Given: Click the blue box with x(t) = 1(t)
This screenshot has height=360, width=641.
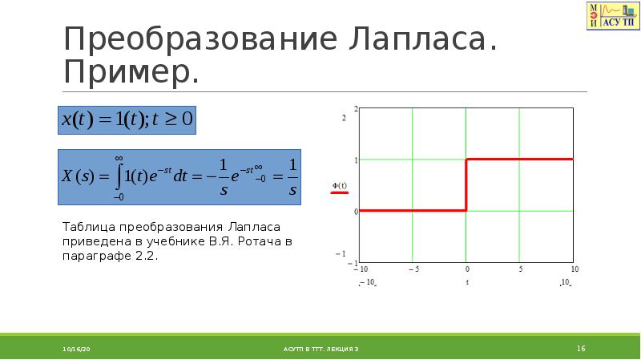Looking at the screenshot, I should (x=127, y=119).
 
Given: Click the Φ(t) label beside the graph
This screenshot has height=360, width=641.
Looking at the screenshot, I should (x=339, y=186).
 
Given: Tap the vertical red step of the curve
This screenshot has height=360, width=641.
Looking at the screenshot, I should (x=466, y=185).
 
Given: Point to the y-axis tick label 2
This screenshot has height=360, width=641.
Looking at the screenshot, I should (x=344, y=118).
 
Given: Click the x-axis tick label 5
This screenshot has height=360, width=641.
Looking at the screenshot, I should (x=520, y=269).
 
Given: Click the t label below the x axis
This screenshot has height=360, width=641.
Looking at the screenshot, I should (x=466, y=282).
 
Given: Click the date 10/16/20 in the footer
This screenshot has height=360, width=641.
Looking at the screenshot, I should (x=77, y=349).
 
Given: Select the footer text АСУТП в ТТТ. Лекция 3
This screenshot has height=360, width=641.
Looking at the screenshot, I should (x=320, y=349).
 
